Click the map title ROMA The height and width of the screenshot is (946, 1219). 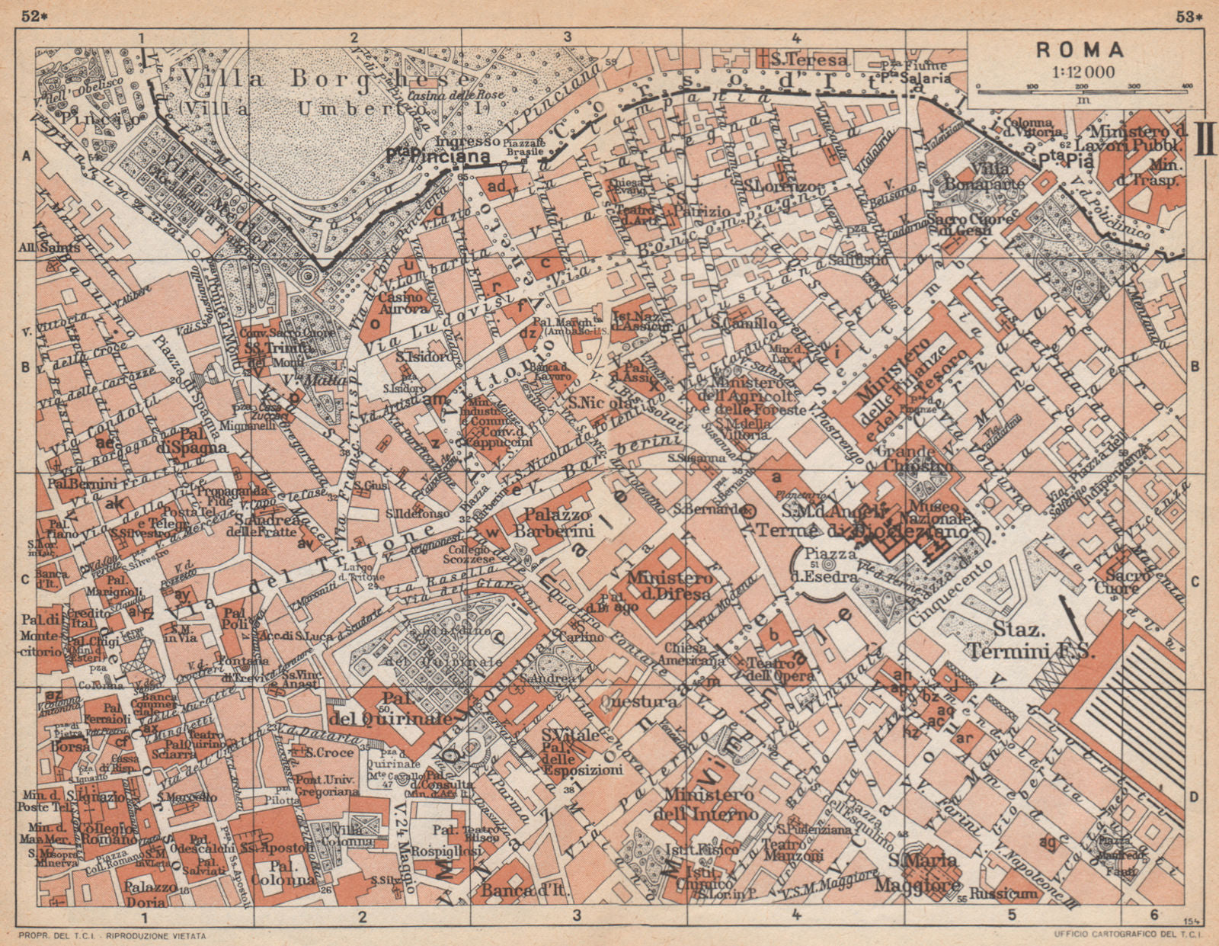point(1080,50)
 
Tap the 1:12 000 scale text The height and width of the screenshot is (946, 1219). point(1080,72)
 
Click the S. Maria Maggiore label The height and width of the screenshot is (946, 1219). point(926,873)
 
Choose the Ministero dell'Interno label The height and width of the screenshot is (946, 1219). point(709,804)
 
